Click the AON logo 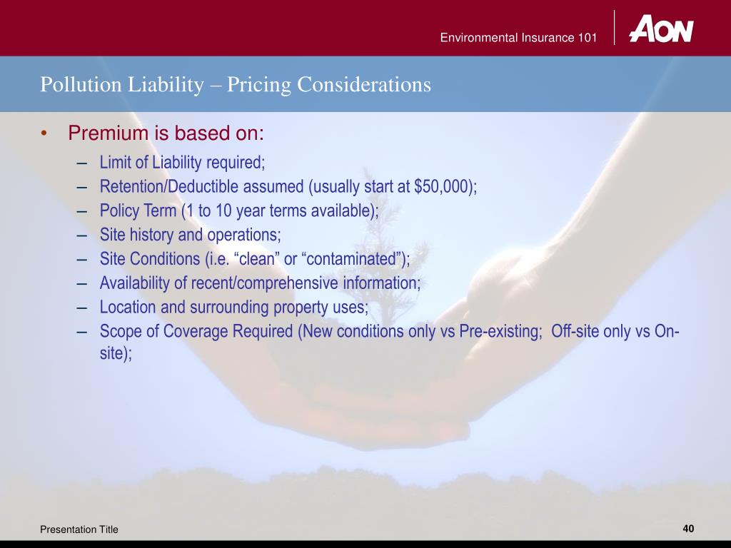coord(660,29)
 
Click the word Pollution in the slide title coord(73,85)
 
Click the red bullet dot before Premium coord(44,134)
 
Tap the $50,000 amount coord(443,187)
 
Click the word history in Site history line coord(147,235)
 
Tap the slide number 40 coord(688,529)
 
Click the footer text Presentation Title coord(79,529)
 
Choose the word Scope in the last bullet coord(119,332)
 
